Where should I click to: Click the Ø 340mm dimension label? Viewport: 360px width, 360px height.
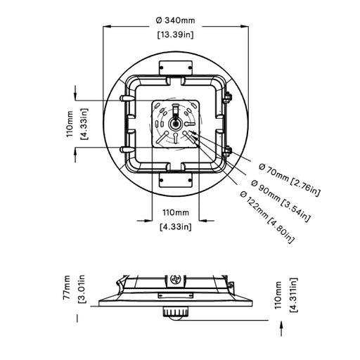(176, 20)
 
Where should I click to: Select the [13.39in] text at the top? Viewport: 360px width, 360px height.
(176, 34)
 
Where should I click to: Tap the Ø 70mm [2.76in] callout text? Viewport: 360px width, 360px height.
(290, 180)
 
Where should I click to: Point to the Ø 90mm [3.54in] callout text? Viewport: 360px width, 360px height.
(281, 201)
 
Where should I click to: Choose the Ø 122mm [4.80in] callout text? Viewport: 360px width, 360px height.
(267, 217)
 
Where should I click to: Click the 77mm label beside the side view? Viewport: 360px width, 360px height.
(67, 288)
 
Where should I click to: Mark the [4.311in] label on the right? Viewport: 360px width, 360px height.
(294, 295)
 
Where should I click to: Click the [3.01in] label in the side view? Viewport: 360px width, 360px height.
(82, 289)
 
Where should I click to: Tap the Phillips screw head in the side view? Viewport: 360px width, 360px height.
(176, 279)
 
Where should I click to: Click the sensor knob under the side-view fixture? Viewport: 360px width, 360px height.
(176, 314)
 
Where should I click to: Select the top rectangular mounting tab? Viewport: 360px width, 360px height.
(176, 68)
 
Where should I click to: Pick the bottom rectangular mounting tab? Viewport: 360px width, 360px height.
(176, 180)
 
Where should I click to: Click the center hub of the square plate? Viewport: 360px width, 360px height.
(175, 124)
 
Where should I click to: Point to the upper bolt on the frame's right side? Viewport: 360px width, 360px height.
(227, 98)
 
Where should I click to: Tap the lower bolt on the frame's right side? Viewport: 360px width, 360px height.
(227, 151)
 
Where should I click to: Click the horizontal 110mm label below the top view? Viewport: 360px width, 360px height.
(176, 213)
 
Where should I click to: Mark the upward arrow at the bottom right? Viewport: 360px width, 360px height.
(281, 328)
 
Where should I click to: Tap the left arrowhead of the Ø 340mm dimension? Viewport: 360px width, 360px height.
(107, 26)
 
